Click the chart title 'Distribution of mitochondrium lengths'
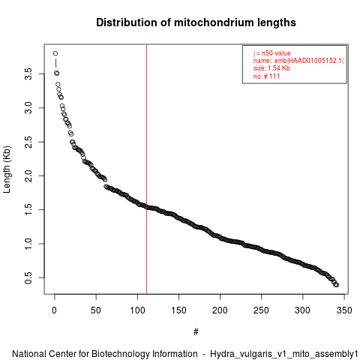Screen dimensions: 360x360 (x=196, y=22)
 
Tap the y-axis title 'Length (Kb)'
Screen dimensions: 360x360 (x=7, y=169)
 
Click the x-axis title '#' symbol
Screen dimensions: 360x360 (x=196, y=332)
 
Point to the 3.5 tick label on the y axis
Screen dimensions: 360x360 (x=28, y=74)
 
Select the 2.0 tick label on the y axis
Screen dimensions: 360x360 (x=28, y=175)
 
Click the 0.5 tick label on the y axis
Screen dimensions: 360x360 (x=28, y=277)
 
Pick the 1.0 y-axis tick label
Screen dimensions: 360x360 (x=28, y=244)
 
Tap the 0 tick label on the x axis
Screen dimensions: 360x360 (x=55, y=310)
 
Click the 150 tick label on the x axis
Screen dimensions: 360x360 (x=178, y=310)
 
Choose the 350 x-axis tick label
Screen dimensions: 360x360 (x=344, y=310)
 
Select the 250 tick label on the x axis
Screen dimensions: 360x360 (x=261, y=310)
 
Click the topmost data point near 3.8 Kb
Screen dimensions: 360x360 (x=55, y=53)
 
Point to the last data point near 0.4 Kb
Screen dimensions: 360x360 (x=337, y=285)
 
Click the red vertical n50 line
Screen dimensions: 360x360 (x=146, y=169)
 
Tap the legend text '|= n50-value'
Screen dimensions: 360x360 (x=272, y=53)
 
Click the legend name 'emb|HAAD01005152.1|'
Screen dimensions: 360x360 (x=309, y=61)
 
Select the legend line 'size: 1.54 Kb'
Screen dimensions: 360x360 (x=271, y=68)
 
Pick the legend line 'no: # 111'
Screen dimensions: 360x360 (x=266, y=76)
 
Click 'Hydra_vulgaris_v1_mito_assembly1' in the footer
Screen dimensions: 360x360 (x=284, y=354)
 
